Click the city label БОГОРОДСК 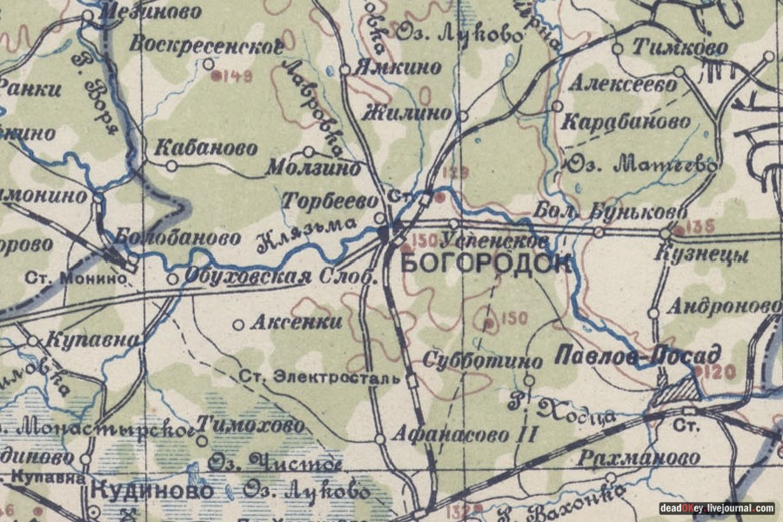click(x=486, y=263)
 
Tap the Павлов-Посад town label click(x=638, y=355)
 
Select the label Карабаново click(x=626, y=121)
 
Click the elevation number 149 click(x=238, y=77)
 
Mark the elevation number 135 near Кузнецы click(x=701, y=227)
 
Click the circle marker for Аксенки click(x=238, y=325)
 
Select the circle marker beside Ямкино click(x=345, y=68)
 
